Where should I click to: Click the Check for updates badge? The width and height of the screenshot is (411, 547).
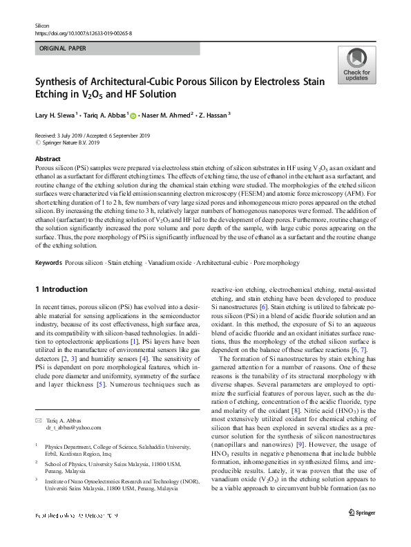pyautogui.click(x=356, y=65)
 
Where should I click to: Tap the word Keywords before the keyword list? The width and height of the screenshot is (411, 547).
pyautogui.click(x=48, y=263)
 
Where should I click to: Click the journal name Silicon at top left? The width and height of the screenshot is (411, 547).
pyautogui.click(x=43, y=25)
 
